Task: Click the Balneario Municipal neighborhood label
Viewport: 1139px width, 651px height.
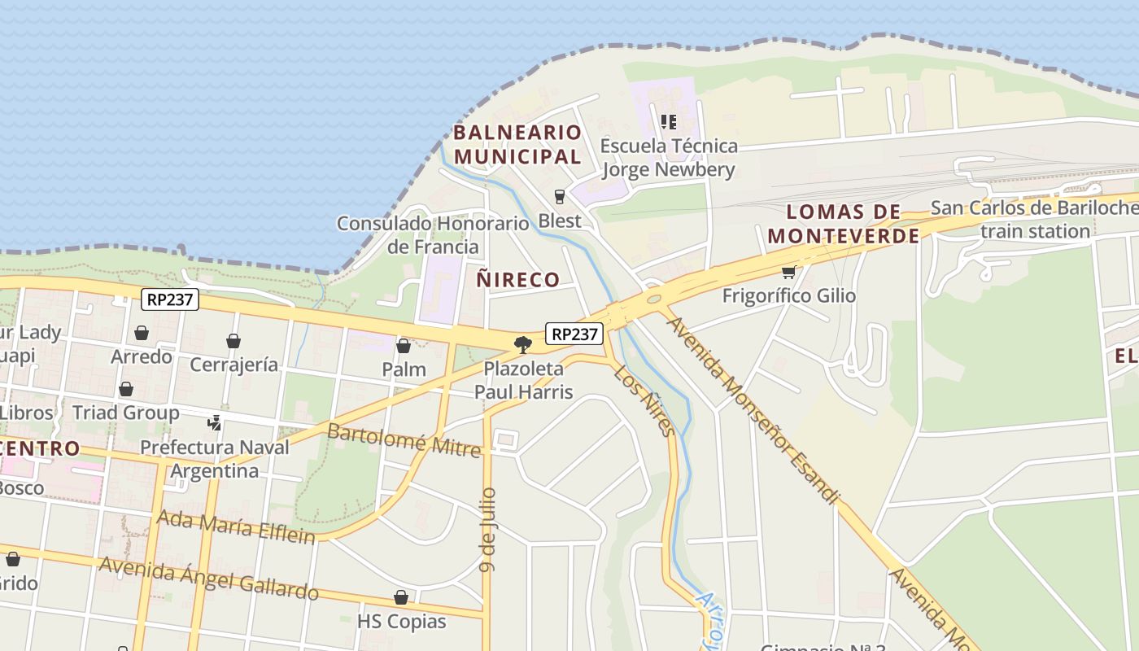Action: [x=517, y=144]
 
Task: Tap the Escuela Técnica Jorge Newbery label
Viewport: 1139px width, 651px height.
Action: [x=669, y=158]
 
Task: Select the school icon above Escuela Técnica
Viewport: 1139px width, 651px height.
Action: [x=669, y=123]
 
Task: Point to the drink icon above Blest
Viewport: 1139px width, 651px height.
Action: [x=560, y=197]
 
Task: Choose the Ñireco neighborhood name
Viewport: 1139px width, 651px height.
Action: [x=517, y=280]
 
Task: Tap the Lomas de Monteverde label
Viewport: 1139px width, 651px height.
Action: [x=844, y=224]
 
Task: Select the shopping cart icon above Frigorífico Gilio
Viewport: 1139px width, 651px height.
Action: [x=788, y=272]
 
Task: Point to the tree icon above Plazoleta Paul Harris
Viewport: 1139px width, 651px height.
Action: [x=523, y=345]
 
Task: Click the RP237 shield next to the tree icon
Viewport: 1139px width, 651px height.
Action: [x=574, y=334]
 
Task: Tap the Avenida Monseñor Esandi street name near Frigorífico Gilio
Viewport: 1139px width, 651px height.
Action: [x=752, y=409]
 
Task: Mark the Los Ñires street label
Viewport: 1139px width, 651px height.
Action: [x=644, y=400]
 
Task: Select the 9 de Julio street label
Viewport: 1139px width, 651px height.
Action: [x=488, y=529]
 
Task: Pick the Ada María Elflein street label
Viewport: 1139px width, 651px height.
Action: [x=236, y=526]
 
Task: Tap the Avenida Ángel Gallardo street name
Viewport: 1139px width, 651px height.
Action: [x=208, y=578]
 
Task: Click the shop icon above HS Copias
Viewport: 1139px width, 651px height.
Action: [x=401, y=598]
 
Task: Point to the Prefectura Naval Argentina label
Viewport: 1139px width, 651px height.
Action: [x=215, y=459]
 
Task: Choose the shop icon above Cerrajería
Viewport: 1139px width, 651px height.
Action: [x=233, y=341]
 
